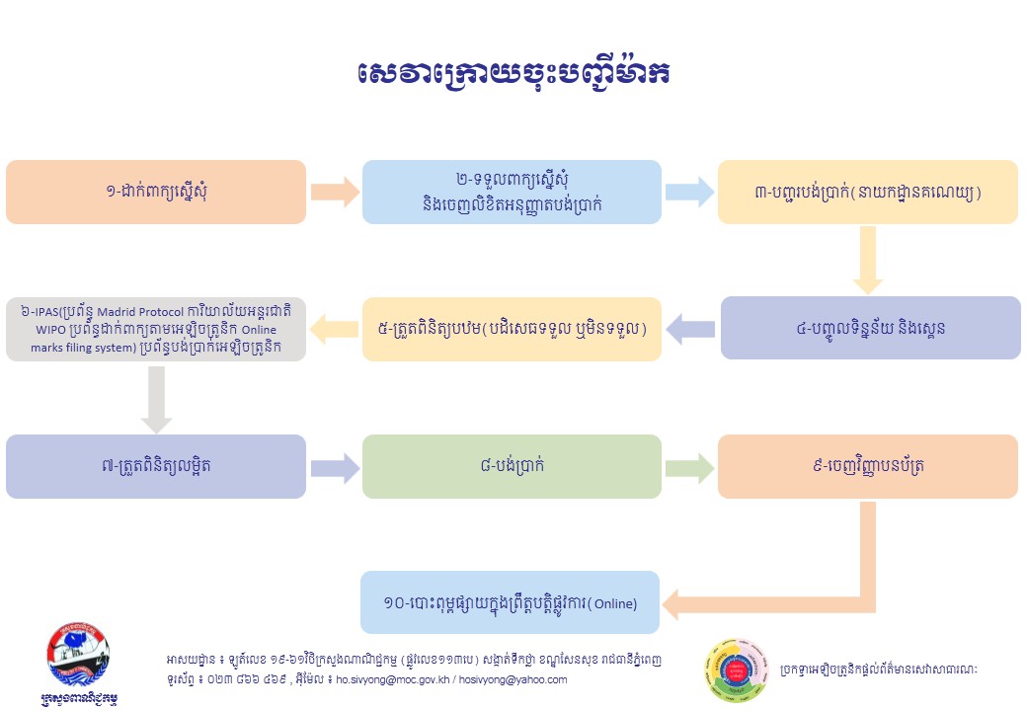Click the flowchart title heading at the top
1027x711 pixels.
tap(513, 74)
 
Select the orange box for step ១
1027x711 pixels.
tap(156, 192)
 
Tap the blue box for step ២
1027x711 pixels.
tap(512, 192)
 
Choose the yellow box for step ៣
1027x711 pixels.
tap(868, 192)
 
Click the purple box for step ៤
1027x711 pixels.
tap(868, 328)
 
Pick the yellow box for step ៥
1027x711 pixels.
tap(512, 328)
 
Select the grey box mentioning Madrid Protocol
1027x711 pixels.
tap(156, 328)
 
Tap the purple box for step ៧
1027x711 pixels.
tap(156, 466)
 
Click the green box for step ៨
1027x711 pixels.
tap(512, 466)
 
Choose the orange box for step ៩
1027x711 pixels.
tap(868, 466)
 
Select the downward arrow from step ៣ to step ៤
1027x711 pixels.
tap(867, 260)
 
